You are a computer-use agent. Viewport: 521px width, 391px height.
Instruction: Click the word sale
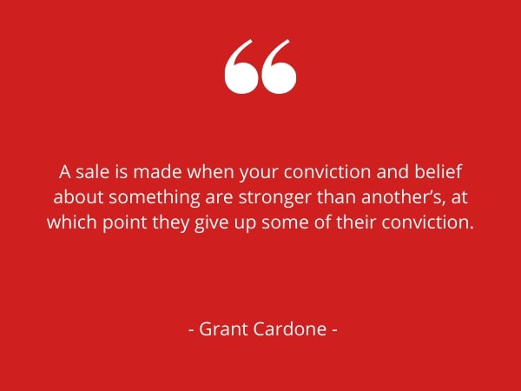click(93, 172)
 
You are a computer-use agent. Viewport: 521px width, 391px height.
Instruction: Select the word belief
click(438, 172)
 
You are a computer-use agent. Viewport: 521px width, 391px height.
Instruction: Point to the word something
click(155, 197)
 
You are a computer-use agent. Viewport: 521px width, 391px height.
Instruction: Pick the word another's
click(403, 197)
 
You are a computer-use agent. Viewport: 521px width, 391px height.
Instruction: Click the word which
click(72, 222)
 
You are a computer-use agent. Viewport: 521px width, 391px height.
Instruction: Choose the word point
click(124, 223)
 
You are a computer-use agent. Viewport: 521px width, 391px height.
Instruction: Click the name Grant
click(223, 329)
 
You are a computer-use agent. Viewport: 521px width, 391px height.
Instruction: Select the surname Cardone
click(290, 329)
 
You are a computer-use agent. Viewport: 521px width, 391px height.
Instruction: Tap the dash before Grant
click(191, 330)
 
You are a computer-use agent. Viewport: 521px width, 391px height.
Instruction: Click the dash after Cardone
click(334, 330)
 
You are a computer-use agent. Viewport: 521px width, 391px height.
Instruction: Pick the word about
click(78, 197)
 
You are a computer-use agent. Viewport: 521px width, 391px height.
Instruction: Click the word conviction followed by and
click(327, 172)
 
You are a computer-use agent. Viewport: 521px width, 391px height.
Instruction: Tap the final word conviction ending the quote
click(427, 222)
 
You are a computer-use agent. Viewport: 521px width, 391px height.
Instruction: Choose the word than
click(336, 197)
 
